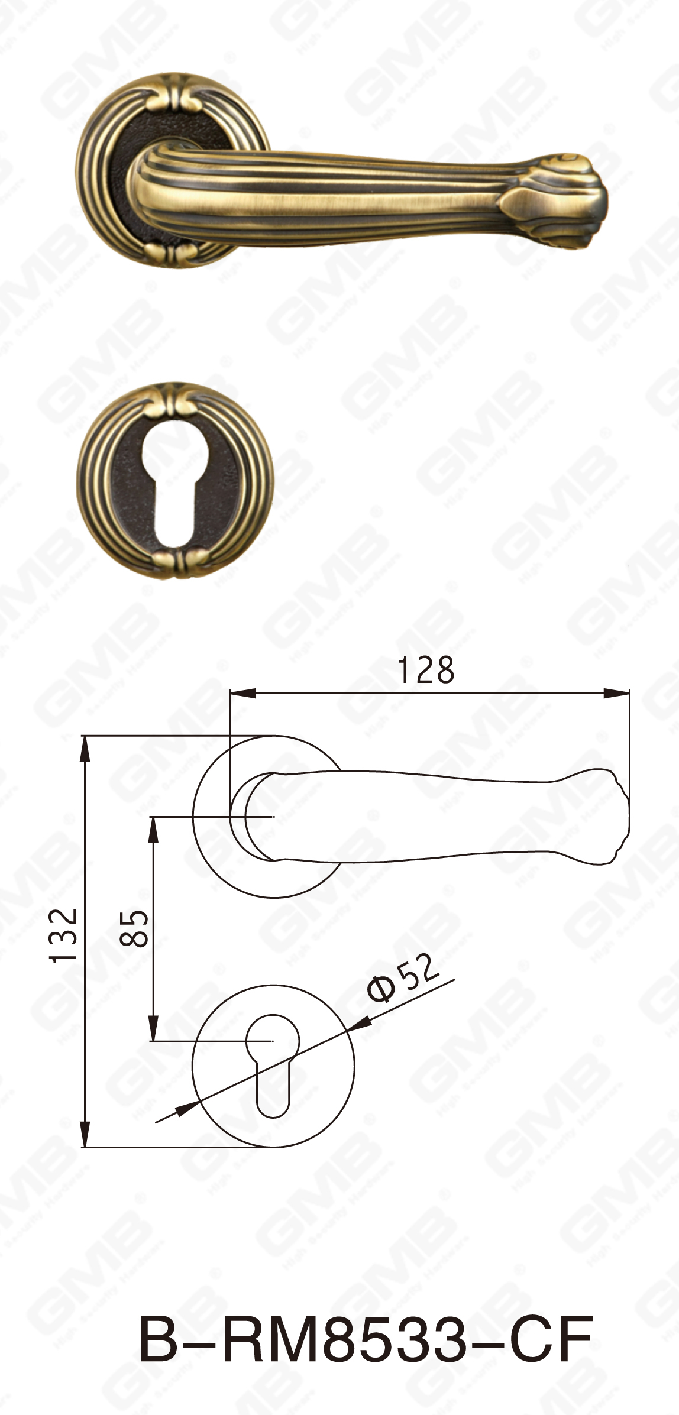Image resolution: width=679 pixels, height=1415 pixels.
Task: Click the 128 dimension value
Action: (426, 671)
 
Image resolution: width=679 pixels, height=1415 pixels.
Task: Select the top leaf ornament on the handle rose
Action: (173, 98)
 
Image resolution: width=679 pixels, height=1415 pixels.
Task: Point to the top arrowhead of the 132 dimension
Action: (86, 749)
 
